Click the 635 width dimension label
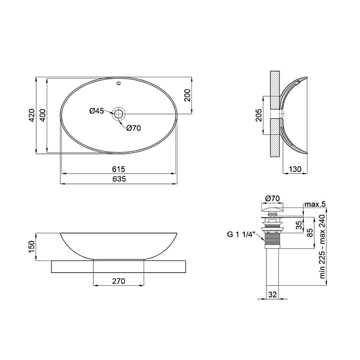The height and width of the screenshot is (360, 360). pos(119,179)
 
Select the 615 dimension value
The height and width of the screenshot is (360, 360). pos(119,169)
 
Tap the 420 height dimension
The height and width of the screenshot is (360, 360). pos(31,115)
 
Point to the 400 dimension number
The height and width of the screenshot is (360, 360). pos(43,115)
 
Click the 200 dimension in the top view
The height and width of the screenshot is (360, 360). pos(187,95)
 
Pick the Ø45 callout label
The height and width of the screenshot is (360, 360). pos(97,111)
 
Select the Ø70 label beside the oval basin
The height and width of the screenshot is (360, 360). pos(133,128)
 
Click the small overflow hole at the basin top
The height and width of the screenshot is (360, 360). pos(118,83)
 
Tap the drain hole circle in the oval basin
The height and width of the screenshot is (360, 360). pos(118,113)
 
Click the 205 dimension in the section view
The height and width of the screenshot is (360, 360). pos(259,115)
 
